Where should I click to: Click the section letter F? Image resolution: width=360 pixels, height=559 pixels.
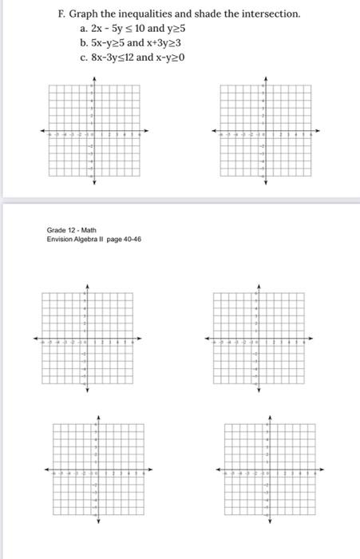(x=61, y=14)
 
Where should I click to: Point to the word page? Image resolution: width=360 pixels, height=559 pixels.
(x=116, y=239)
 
